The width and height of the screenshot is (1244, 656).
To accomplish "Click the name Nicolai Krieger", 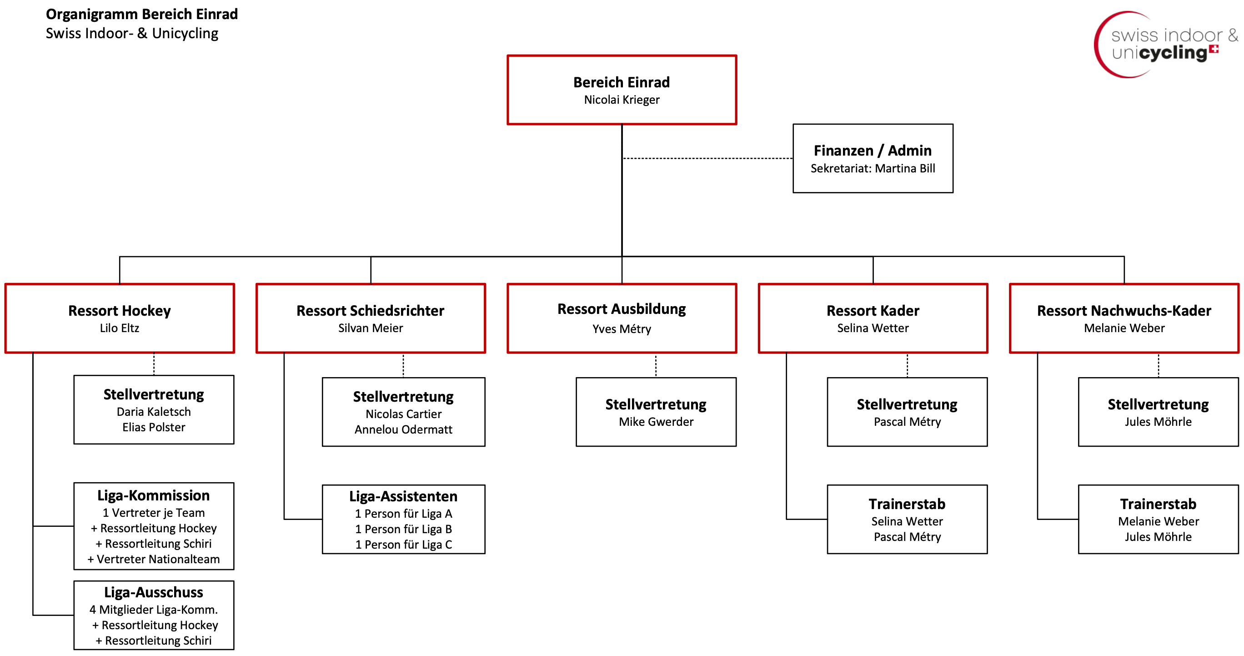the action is click(x=622, y=100).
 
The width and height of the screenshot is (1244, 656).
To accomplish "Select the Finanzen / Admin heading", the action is click(x=873, y=151).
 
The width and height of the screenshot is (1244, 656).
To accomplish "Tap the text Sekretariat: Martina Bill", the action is click(x=873, y=168).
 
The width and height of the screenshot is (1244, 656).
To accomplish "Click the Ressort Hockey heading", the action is click(x=119, y=311).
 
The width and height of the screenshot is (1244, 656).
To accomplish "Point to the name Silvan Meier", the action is click(x=371, y=328).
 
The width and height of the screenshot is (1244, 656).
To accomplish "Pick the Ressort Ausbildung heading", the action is click(x=622, y=309).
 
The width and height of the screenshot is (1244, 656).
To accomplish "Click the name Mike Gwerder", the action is click(x=656, y=422).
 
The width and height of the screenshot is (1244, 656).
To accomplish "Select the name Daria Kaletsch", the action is click(x=154, y=412).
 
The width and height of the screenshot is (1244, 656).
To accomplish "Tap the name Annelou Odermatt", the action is click(x=403, y=429).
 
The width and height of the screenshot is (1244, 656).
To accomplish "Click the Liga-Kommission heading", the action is click(x=154, y=495).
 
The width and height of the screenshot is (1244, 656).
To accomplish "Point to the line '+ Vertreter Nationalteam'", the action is click(x=154, y=560).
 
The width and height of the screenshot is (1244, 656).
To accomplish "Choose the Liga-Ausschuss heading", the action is click(x=154, y=592).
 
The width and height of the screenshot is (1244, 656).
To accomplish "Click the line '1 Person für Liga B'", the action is click(x=403, y=530).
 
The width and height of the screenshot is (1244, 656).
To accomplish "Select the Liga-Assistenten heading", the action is click(x=403, y=497).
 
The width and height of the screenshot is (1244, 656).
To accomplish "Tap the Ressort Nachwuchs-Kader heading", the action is click(x=1124, y=311).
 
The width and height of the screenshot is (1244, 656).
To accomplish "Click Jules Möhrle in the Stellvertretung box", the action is click(x=1158, y=422).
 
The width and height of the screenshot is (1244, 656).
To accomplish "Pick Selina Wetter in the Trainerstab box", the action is click(x=907, y=521).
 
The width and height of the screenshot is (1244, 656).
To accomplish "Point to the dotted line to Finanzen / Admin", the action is click(x=707, y=158).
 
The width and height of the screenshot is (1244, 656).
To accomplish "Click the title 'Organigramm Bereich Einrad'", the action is click(x=142, y=15).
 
